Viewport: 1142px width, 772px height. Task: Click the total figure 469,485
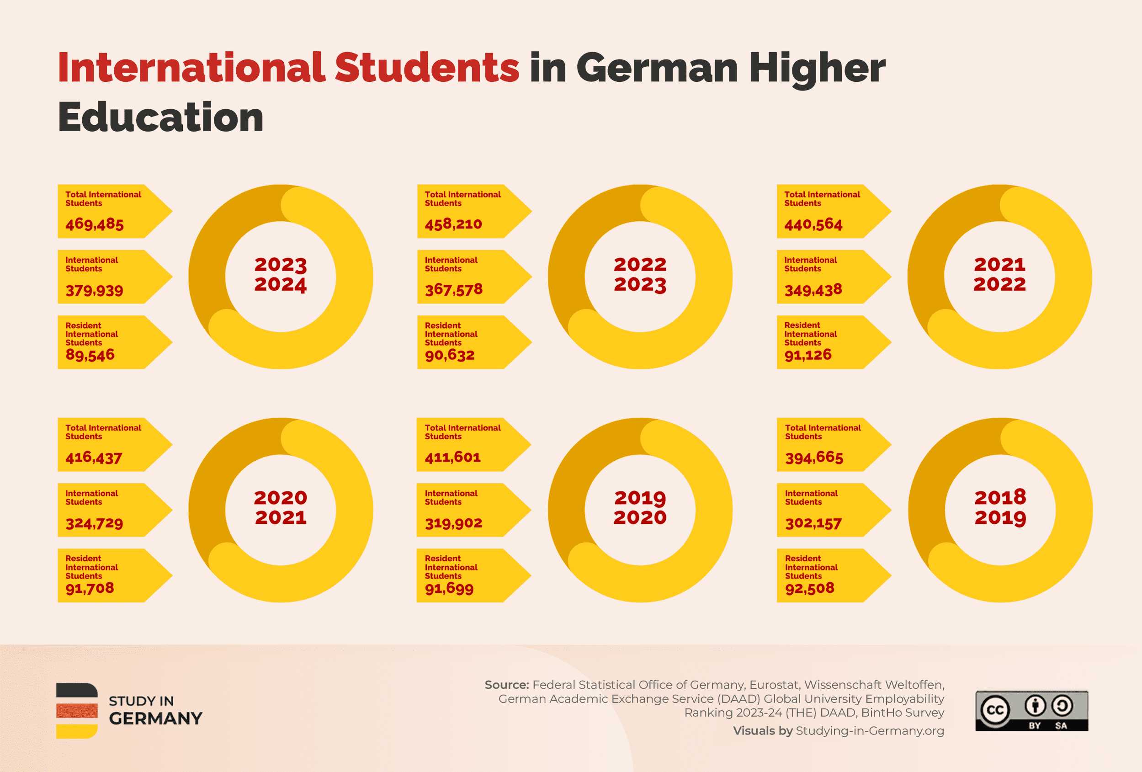tap(94, 224)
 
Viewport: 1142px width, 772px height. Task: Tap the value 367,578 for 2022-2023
tap(454, 289)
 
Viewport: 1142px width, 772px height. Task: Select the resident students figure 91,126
tap(808, 355)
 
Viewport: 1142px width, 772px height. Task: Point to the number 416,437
tap(94, 458)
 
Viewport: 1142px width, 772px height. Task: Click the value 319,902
tap(454, 523)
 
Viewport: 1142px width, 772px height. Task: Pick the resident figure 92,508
tap(809, 588)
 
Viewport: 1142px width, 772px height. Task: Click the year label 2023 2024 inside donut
tap(281, 275)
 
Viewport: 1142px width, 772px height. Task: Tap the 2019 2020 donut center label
tap(640, 508)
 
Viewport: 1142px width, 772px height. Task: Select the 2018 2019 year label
tap(1000, 508)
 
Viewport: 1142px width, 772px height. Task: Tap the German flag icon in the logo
tap(77, 711)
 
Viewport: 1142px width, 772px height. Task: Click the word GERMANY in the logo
tap(155, 719)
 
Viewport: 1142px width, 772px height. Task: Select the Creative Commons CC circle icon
tap(994, 710)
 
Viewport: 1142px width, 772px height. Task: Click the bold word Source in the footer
tap(506, 685)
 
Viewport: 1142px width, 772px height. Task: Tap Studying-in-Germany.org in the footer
tap(869, 731)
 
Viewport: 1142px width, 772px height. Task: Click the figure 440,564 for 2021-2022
tap(813, 224)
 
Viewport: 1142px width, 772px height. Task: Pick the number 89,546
tap(90, 355)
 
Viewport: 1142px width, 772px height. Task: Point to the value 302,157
tap(813, 523)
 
